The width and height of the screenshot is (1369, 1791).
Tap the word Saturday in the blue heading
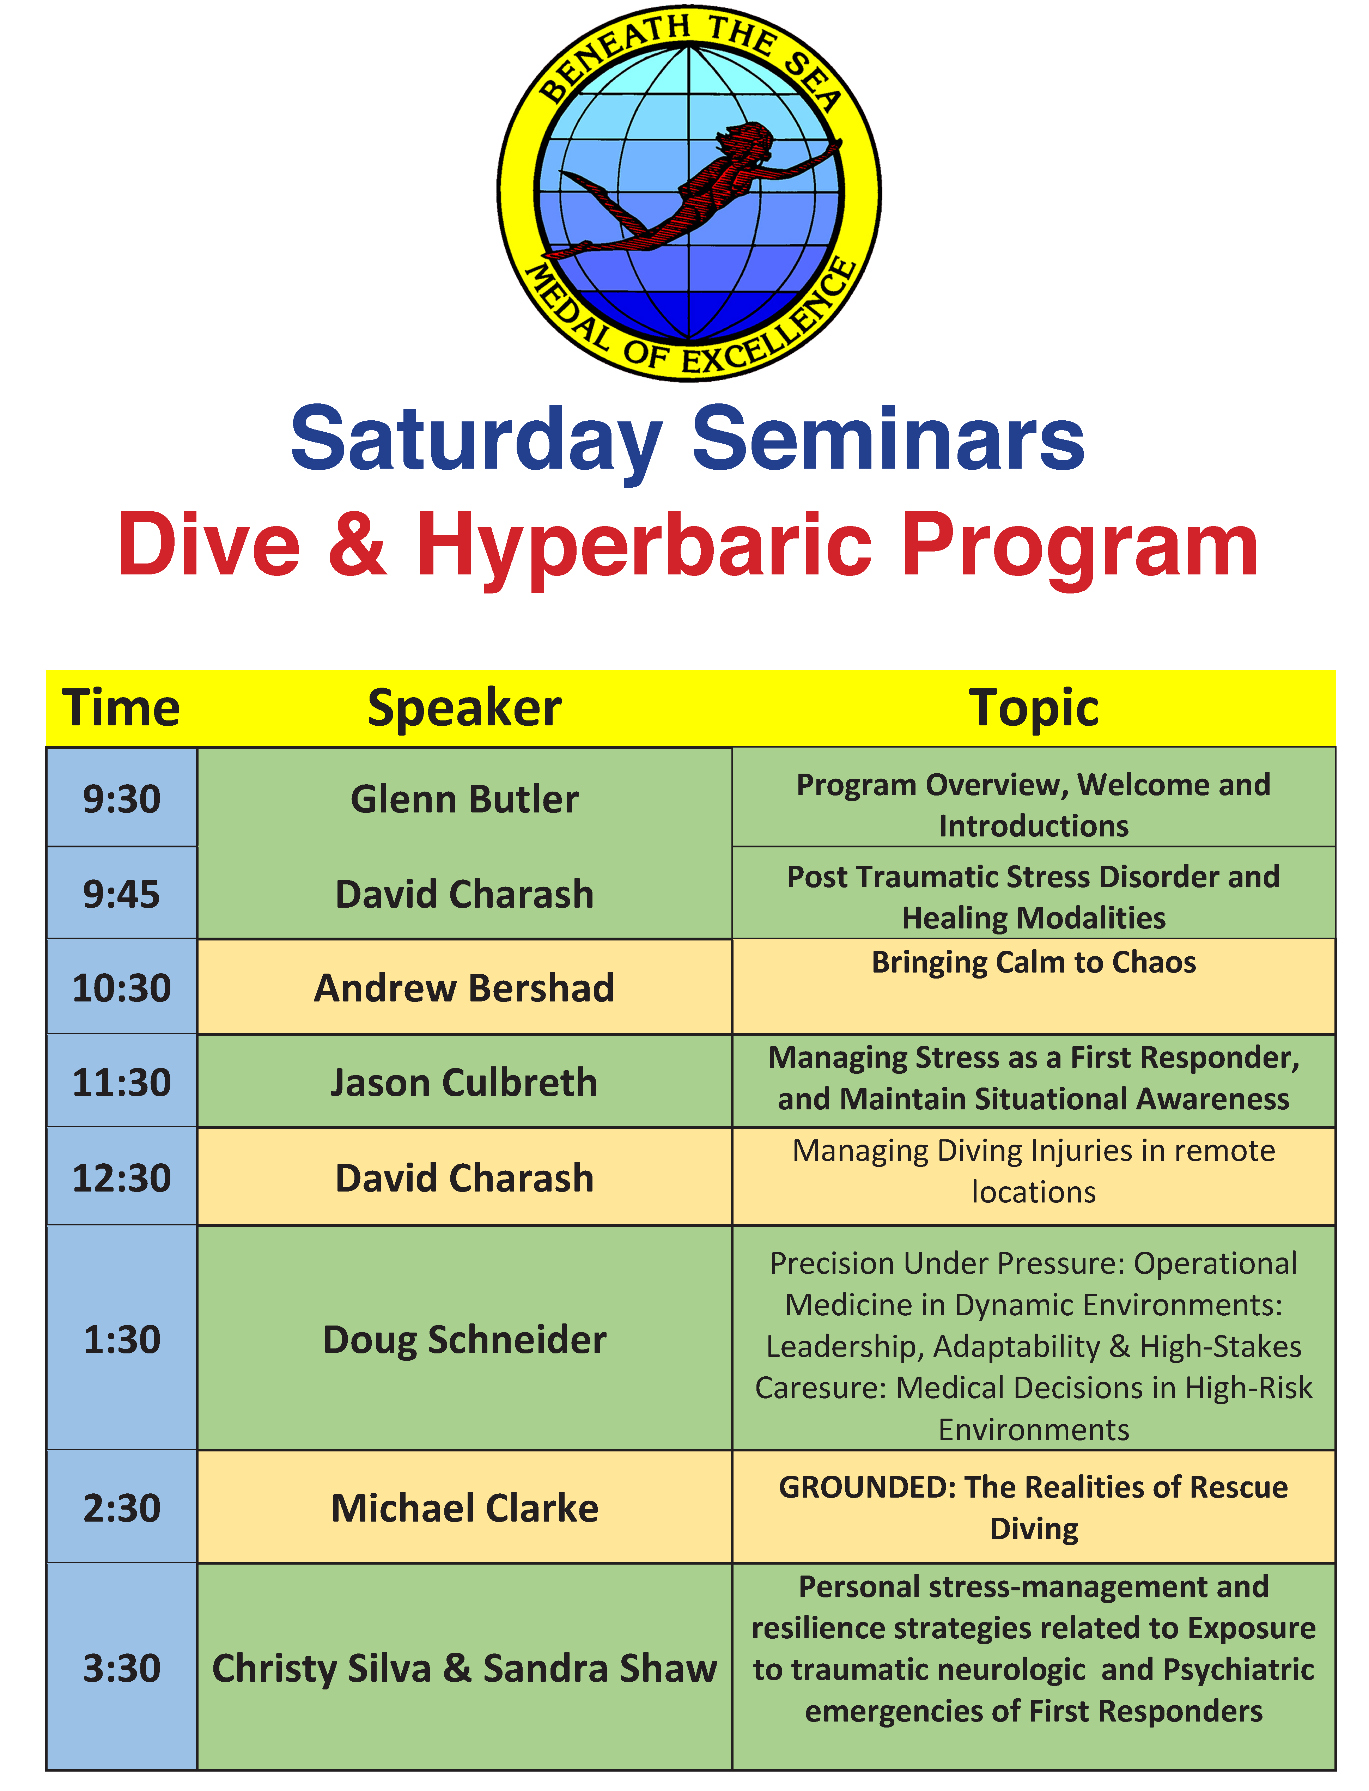coord(477,440)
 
